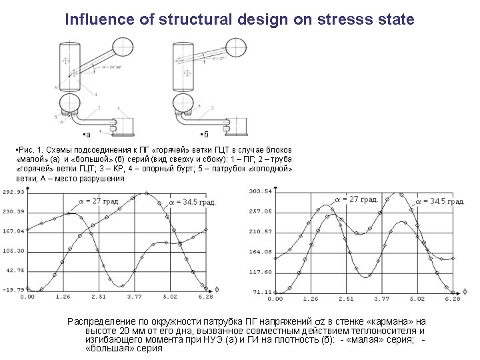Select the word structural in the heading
pyautogui.click(x=196, y=19)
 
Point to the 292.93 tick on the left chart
pyautogui.click(x=13, y=192)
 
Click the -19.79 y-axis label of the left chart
pyautogui.click(x=13, y=290)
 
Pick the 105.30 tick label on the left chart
pyautogui.click(x=13, y=251)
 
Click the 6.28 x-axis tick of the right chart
pyautogui.click(x=452, y=299)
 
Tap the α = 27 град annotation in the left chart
pyautogui.click(x=99, y=201)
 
